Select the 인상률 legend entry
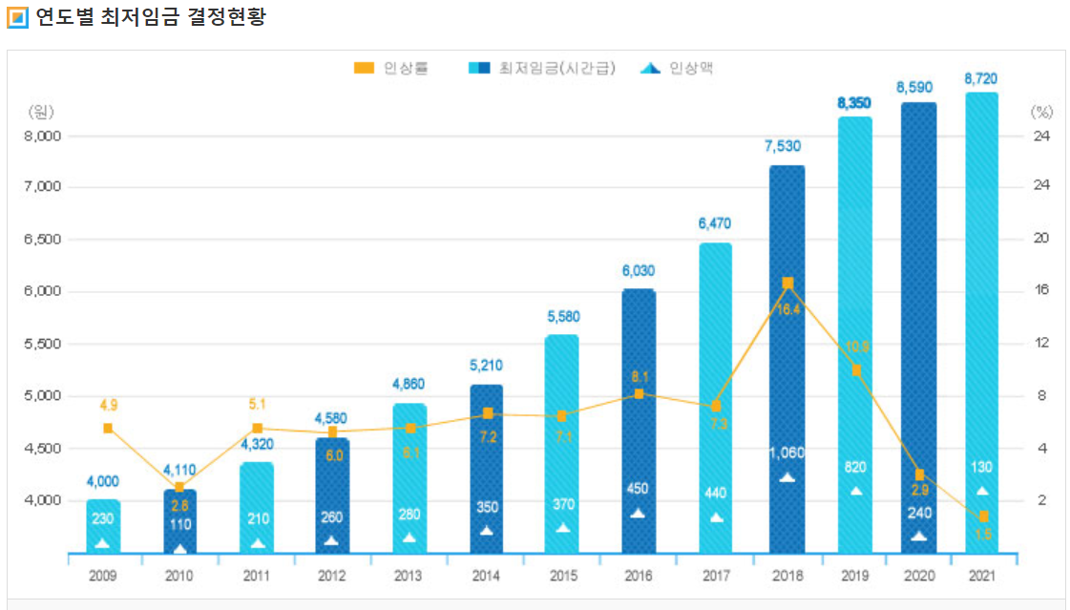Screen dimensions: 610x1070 (x=392, y=68)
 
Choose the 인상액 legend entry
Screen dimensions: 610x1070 (x=678, y=68)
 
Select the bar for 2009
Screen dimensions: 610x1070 (x=103, y=525)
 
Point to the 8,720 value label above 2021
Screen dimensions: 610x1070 (x=981, y=78)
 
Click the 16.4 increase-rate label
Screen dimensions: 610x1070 (x=787, y=309)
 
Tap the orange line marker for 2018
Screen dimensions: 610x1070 (x=787, y=283)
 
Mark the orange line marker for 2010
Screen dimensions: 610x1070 (x=179, y=488)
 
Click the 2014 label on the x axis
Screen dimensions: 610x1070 (x=486, y=577)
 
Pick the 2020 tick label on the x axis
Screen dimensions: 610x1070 (x=917, y=577)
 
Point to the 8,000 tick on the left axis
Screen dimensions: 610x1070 (x=42, y=136)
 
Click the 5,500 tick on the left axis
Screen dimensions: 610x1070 (x=42, y=344)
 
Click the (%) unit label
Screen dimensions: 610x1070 (x=1041, y=112)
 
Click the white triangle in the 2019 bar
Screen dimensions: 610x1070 (x=856, y=491)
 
